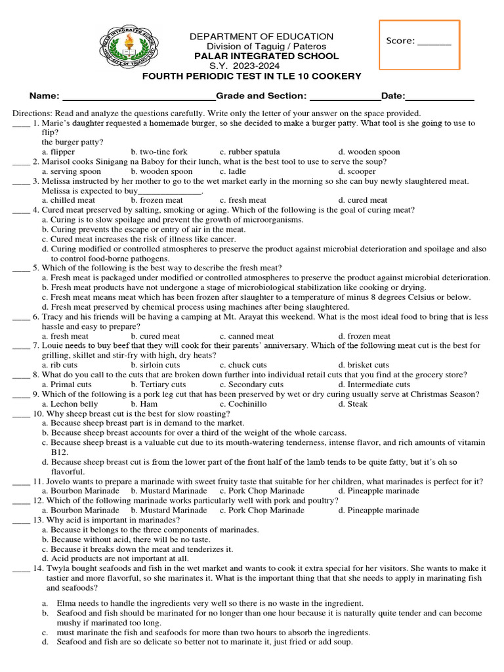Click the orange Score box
click(x=419, y=45)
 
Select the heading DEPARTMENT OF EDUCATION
click(x=261, y=36)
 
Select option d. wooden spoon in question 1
click(x=369, y=152)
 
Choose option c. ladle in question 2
click(x=236, y=171)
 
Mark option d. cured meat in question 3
click(x=363, y=200)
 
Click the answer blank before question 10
click(x=20, y=414)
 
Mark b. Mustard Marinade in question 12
click(x=169, y=510)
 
